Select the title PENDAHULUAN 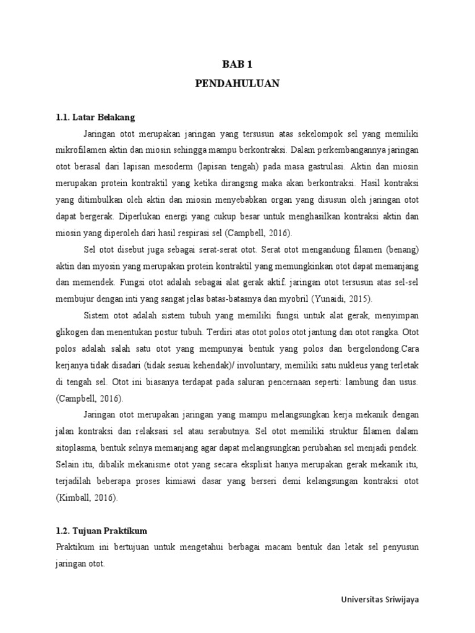tap(237, 83)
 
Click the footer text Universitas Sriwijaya tap(384, 600)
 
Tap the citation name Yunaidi tap(325, 299)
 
